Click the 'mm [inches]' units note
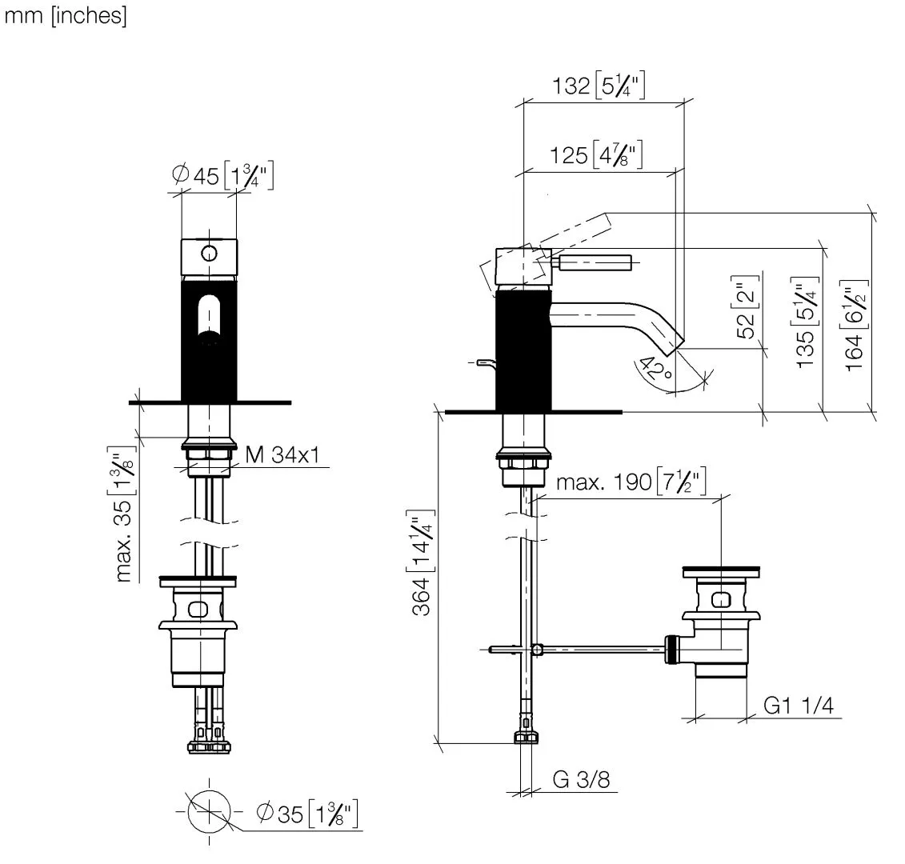click(x=66, y=17)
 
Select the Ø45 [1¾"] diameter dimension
click(x=223, y=176)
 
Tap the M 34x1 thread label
click(x=282, y=455)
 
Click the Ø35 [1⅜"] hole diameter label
click(x=306, y=814)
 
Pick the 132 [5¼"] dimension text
click(x=599, y=86)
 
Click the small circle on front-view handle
click(x=209, y=254)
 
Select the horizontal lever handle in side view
click(x=596, y=261)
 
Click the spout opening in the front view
click(x=209, y=318)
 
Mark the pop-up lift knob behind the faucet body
click(x=483, y=364)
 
